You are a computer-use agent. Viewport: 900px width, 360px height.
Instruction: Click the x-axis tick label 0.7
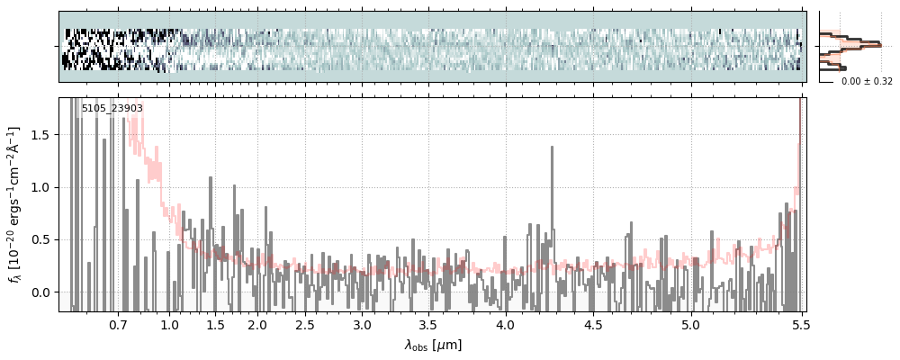[118, 324]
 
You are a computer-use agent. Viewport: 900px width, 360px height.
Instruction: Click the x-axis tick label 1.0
[169, 324]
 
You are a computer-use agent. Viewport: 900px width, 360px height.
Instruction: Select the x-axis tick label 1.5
[216, 324]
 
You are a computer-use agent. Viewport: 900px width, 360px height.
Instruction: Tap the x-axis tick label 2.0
[257, 324]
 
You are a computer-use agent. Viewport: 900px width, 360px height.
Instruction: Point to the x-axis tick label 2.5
[305, 324]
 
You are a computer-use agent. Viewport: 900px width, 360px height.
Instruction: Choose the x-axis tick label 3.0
[362, 324]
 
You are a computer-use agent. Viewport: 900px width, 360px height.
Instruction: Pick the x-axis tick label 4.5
[598, 324]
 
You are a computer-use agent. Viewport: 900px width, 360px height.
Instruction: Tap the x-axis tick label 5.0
[690, 324]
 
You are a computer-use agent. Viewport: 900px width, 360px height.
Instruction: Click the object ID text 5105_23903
[112, 109]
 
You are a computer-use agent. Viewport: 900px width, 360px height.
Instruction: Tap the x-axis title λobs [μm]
[432, 345]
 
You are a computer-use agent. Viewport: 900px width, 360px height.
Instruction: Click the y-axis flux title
[15, 205]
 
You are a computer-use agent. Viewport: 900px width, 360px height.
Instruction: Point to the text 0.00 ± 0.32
[867, 82]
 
